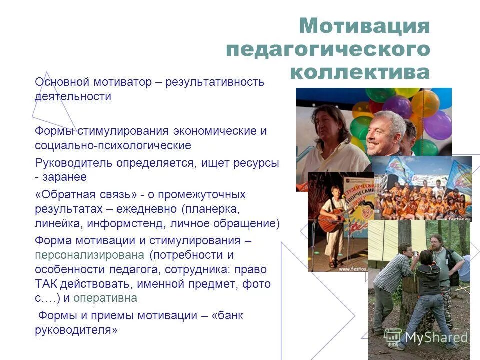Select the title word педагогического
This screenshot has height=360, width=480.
pyautogui.click(x=327, y=49)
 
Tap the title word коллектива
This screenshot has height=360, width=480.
pyautogui.click(x=359, y=72)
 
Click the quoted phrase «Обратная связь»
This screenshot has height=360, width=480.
pyautogui.click(x=86, y=194)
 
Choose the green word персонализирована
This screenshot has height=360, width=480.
pyautogui.click(x=90, y=254)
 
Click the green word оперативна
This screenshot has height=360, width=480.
pyautogui.click(x=105, y=298)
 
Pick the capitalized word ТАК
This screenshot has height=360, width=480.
pyautogui.click(x=46, y=284)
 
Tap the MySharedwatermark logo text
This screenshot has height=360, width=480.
pyautogui.click(x=436, y=337)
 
